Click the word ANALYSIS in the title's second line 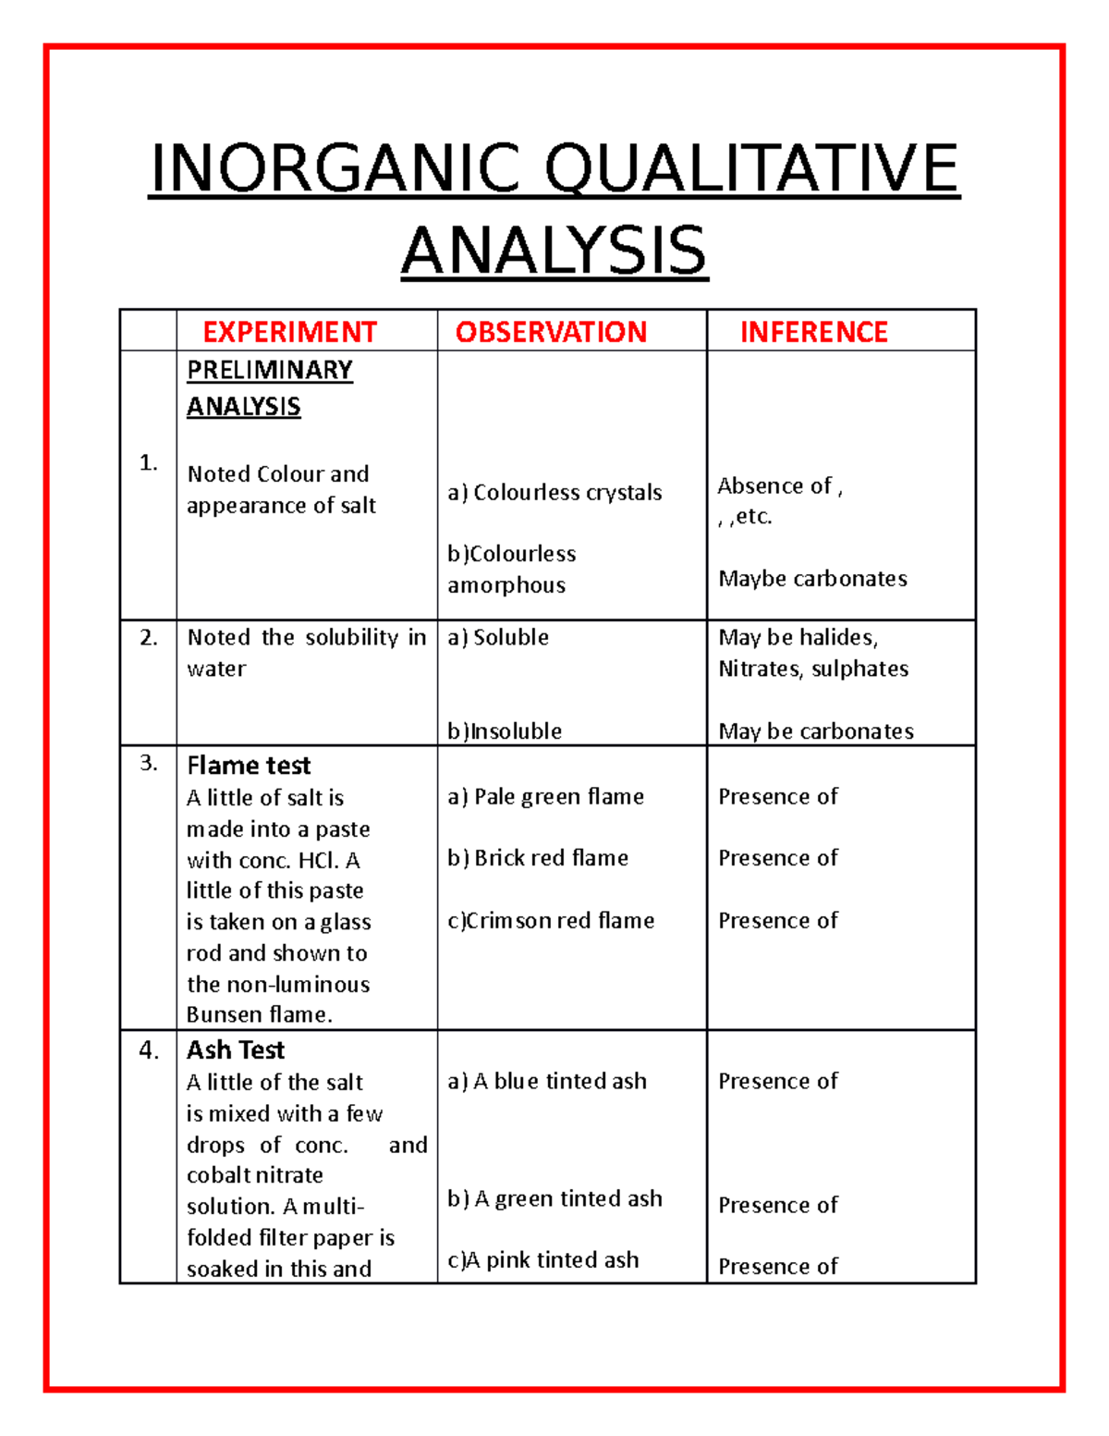coord(554,251)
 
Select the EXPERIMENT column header coord(289,332)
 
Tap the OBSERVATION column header coord(551,332)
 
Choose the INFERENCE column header coord(813,332)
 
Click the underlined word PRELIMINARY coord(270,370)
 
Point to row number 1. coord(148,462)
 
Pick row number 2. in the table coord(149,637)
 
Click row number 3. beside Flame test coord(149,763)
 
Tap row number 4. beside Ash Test coord(149,1050)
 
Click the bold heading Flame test coord(249,766)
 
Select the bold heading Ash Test coord(236,1050)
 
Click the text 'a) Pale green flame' coord(545,796)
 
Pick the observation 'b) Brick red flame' coord(538,858)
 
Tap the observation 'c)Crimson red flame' coord(551,920)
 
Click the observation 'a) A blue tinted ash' coord(547,1081)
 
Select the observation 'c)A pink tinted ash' coord(543,1259)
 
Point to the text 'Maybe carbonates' coord(812,579)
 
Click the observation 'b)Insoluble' coord(505,731)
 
